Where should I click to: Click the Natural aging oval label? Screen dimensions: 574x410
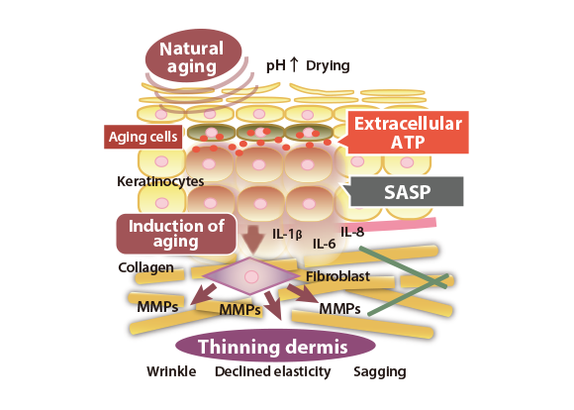[194, 55]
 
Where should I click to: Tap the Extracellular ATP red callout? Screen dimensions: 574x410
[405, 133]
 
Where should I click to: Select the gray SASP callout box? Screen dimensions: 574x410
[404, 191]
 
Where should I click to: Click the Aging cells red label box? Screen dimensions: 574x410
[143, 137]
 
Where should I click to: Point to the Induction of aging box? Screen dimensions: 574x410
[176, 234]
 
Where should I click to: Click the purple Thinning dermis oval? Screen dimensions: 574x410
[275, 346]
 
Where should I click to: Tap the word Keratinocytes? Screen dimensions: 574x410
[160, 181]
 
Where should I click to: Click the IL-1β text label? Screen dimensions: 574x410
[287, 234]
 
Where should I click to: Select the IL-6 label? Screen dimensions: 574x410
[324, 244]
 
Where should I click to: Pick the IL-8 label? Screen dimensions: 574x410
[352, 232]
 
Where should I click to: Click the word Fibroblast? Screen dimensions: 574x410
[337, 276]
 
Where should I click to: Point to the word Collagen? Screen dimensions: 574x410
[145, 267]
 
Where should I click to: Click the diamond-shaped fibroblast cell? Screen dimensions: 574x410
[251, 276]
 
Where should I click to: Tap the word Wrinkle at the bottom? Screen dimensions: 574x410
[171, 371]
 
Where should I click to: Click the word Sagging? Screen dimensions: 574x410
[380, 372]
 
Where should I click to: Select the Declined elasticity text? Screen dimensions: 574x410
[273, 371]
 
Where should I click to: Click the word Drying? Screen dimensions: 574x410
[328, 66]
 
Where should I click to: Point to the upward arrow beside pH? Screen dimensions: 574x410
[294, 64]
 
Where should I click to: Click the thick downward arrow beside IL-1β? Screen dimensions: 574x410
[253, 240]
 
